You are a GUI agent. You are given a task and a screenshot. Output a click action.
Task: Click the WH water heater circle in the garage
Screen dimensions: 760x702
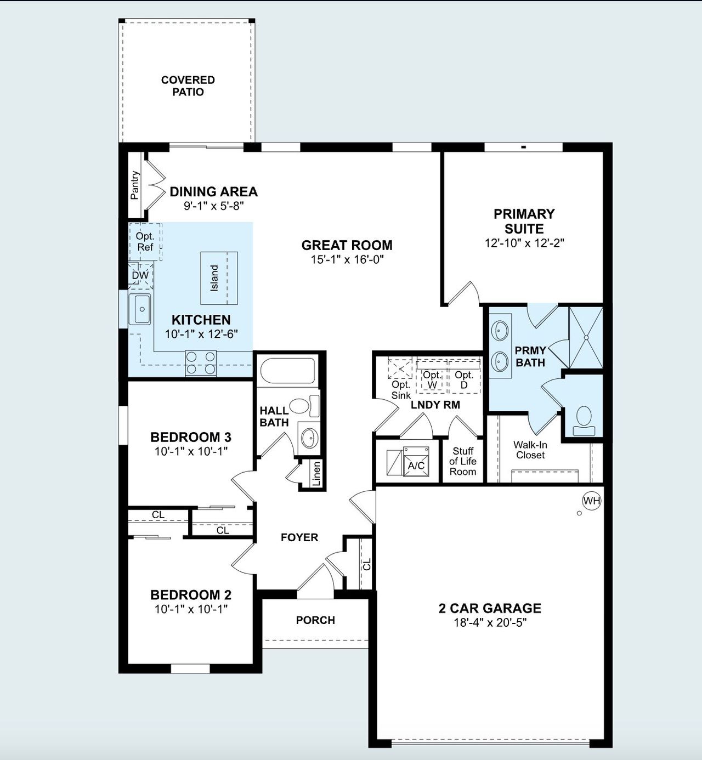592,501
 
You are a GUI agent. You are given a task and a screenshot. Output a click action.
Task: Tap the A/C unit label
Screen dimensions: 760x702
416,466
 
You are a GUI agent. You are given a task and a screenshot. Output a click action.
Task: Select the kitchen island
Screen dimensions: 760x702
219,278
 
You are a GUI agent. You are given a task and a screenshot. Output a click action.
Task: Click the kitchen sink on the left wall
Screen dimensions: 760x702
140,309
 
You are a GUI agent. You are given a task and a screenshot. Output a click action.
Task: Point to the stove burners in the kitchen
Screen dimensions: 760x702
201,363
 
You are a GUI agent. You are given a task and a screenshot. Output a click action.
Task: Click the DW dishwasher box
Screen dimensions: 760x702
140,275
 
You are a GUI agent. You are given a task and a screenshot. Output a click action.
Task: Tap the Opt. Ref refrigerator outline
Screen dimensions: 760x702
145,242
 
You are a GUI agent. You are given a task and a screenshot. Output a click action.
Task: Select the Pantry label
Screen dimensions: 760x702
135,185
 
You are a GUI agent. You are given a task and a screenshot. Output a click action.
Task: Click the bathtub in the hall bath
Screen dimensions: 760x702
287,371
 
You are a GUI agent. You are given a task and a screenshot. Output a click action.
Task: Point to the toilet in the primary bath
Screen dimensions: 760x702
584,418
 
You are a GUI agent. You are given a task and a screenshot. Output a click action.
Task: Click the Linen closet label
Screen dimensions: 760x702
316,474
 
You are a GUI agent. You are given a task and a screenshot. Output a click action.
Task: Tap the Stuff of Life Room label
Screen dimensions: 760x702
463,461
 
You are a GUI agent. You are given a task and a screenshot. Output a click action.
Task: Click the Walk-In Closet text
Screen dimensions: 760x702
530,450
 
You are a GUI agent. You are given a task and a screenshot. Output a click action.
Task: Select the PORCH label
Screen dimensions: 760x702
315,620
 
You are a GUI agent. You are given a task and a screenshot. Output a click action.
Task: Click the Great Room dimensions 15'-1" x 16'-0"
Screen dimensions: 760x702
347,259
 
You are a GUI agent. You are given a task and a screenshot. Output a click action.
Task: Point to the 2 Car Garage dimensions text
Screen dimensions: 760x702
490,622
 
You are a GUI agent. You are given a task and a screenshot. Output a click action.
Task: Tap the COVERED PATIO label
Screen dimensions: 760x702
188,86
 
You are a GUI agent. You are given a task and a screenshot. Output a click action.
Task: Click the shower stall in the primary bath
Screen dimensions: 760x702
586,338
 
